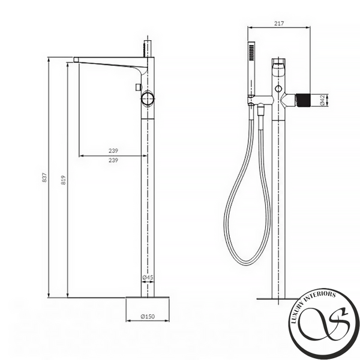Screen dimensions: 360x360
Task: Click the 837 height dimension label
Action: pyautogui.click(x=44, y=178)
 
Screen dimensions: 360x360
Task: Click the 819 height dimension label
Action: pyautogui.click(x=64, y=180)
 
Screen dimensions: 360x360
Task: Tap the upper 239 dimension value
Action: pyautogui.click(x=113, y=151)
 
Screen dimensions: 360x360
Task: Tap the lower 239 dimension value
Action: pyautogui.click(x=113, y=160)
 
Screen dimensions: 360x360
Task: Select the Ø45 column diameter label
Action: pyautogui.click(x=148, y=277)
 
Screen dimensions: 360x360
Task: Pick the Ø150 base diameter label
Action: pyautogui.click(x=148, y=316)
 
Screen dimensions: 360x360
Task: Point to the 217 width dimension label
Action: pyautogui.click(x=279, y=23)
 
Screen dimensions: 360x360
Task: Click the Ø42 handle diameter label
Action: pyautogui.click(x=322, y=100)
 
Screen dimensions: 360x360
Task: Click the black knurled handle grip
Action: pyautogui.click(x=303, y=100)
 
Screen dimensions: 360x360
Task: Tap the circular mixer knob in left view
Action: pyautogui.click(x=148, y=99)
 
